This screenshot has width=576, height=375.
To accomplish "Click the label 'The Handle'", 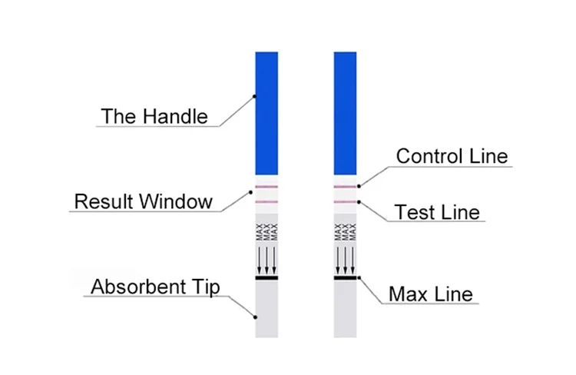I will coord(154,117).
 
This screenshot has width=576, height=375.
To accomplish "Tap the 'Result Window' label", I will coord(143,202).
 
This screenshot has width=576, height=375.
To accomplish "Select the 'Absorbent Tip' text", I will coord(155,287).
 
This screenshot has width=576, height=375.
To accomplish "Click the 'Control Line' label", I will coord(452,156).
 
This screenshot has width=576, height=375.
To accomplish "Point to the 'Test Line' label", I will coord(436,212).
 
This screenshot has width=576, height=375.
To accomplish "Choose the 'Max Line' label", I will coord(430,294).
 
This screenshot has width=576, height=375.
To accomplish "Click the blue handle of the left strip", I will coord(266,111).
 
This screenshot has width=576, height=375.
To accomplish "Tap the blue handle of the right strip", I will coord(346,111).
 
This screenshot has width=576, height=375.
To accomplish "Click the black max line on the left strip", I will coord(266,277).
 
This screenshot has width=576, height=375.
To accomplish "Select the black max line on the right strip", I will coord(346,277).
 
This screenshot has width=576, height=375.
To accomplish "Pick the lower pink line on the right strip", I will coord(346,202).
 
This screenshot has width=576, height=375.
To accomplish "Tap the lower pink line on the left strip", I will coord(266,202).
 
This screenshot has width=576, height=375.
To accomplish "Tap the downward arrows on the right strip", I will coord(346,260).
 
